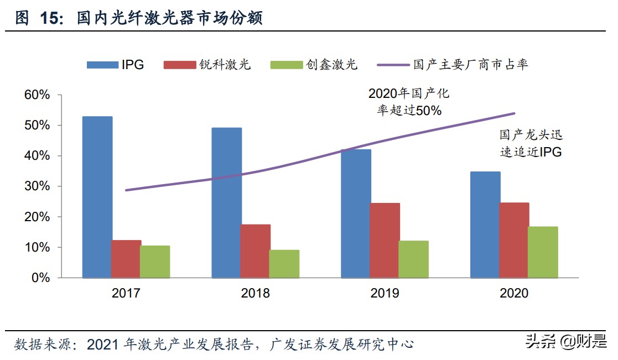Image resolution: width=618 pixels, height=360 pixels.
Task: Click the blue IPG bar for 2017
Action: (97, 197)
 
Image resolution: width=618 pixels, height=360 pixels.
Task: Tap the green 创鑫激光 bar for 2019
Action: (413, 259)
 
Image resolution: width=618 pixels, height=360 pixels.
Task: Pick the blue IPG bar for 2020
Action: (485, 225)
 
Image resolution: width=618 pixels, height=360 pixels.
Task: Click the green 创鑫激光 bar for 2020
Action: (543, 252)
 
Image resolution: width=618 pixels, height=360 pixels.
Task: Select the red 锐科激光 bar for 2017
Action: (126, 258)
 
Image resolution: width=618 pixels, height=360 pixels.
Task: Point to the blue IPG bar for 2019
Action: (356, 213)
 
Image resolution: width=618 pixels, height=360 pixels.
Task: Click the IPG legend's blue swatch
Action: (102, 65)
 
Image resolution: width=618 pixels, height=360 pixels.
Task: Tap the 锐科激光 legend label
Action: (225, 65)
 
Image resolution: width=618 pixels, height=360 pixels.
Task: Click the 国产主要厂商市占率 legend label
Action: (470, 65)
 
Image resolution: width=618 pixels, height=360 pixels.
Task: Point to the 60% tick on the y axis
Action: (37, 95)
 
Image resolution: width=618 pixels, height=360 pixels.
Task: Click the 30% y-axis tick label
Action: (37, 186)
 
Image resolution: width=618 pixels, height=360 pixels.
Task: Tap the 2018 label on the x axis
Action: (255, 293)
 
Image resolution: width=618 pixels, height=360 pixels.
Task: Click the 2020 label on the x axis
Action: (514, 293)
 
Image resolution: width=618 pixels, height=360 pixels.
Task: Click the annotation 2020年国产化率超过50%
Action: (409, 101)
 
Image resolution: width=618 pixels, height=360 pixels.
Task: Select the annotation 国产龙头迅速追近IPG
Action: (531, 143)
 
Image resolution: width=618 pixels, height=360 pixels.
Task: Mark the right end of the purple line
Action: (515, 113)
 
